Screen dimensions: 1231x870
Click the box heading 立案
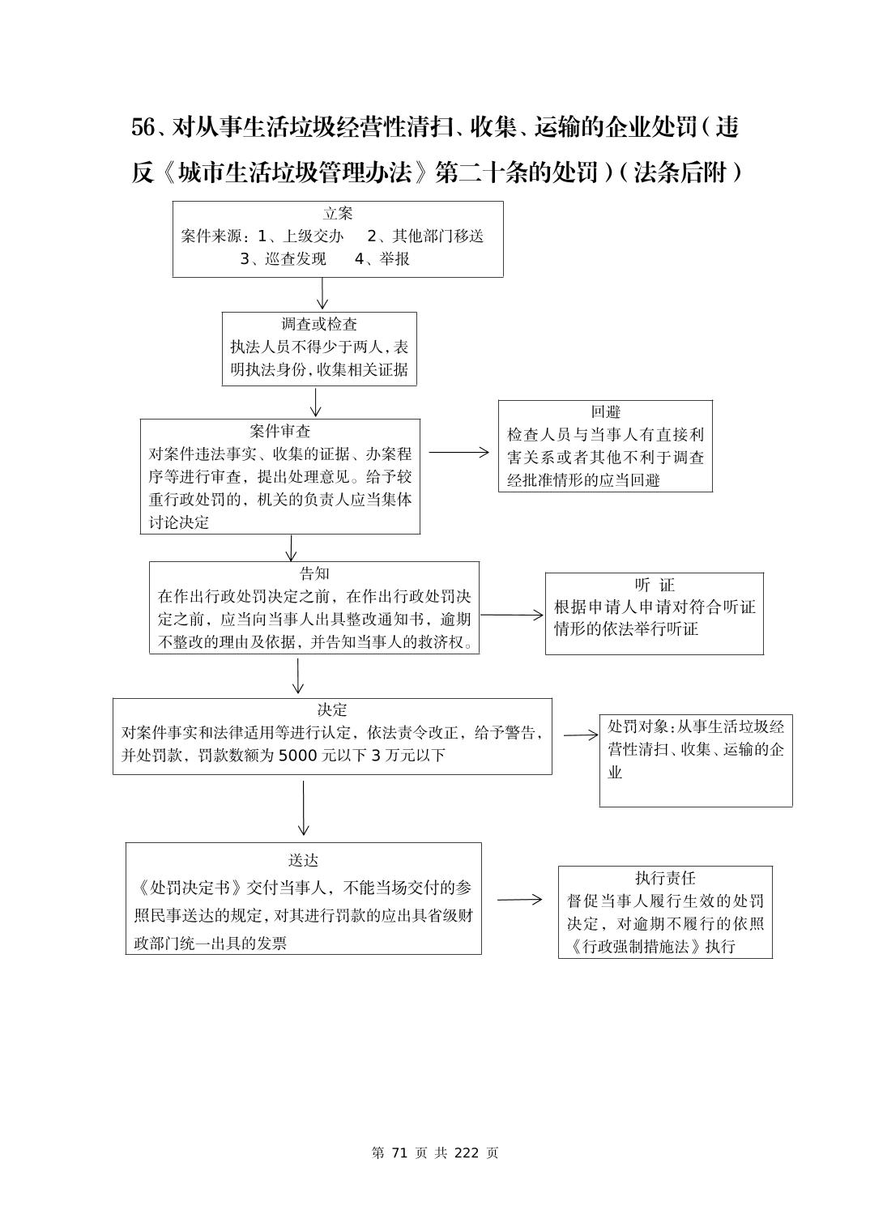pos(338,213)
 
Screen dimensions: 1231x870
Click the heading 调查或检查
pos(319,324)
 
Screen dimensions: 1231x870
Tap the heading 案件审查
pos(280,431)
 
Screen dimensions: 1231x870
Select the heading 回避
pos(605,411)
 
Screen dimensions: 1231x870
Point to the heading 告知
pos(314,573)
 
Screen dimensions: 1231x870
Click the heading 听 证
pos(655,585)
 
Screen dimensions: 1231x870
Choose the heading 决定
pos(332,709)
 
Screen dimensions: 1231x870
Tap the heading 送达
pos(303,860)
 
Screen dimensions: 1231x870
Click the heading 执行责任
pos(665,878)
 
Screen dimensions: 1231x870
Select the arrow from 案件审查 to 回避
pos(458,453)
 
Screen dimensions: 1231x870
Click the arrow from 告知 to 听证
pos(511,615)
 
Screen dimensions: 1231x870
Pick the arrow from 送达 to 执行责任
pos(519,899)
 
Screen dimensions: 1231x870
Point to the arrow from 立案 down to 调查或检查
pos(322,293)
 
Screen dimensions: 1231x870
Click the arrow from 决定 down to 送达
pos(303,807)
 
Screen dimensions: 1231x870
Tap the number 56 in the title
pos(143,127)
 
